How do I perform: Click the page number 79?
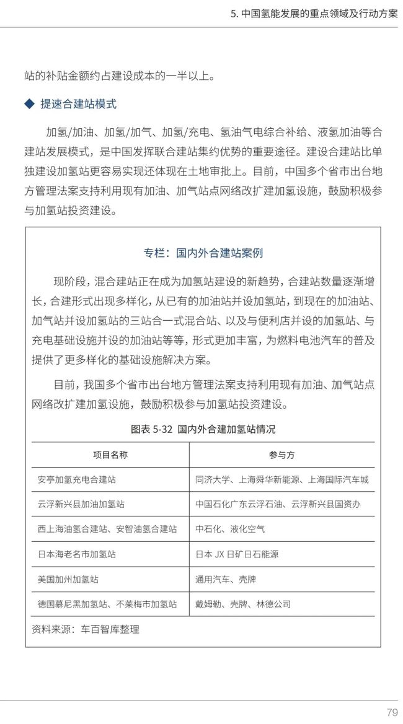391,712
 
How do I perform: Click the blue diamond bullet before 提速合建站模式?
29,104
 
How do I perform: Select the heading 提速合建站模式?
78,104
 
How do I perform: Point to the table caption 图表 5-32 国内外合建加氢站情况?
203,429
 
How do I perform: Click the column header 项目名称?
110,455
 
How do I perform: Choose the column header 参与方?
281,455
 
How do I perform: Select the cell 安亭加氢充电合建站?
77,479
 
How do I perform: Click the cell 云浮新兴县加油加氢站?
81,504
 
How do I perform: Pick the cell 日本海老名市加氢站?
77,554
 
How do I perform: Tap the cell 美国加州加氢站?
68,579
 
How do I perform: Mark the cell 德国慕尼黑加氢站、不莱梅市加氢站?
107,604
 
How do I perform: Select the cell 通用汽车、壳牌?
226,579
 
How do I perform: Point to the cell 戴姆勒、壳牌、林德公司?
243,604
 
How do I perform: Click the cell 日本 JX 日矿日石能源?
237,554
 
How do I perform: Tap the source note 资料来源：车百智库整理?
86,629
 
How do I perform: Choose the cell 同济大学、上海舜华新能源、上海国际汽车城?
281,479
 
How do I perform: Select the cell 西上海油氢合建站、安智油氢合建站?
107,529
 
